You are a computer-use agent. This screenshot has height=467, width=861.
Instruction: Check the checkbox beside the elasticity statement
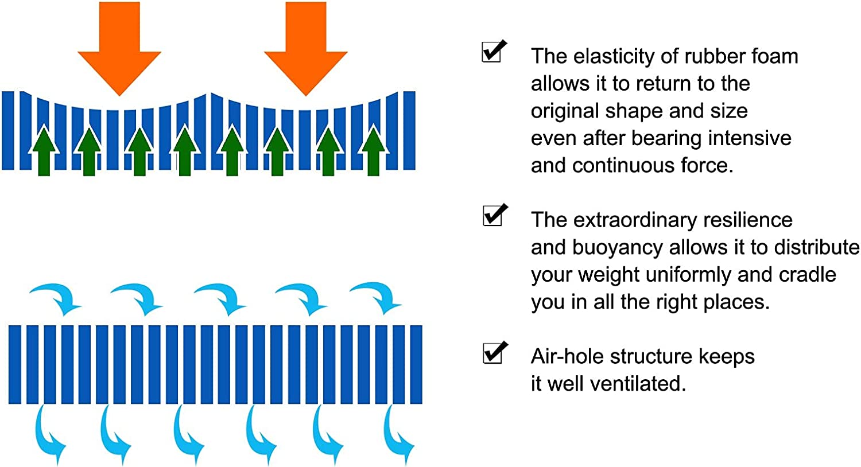(494, 51)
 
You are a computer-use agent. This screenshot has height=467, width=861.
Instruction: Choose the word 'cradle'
(807, 275)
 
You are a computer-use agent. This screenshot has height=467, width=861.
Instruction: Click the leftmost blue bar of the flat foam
(14, 364)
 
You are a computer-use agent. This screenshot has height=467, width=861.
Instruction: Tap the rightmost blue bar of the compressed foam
(409, 131)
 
